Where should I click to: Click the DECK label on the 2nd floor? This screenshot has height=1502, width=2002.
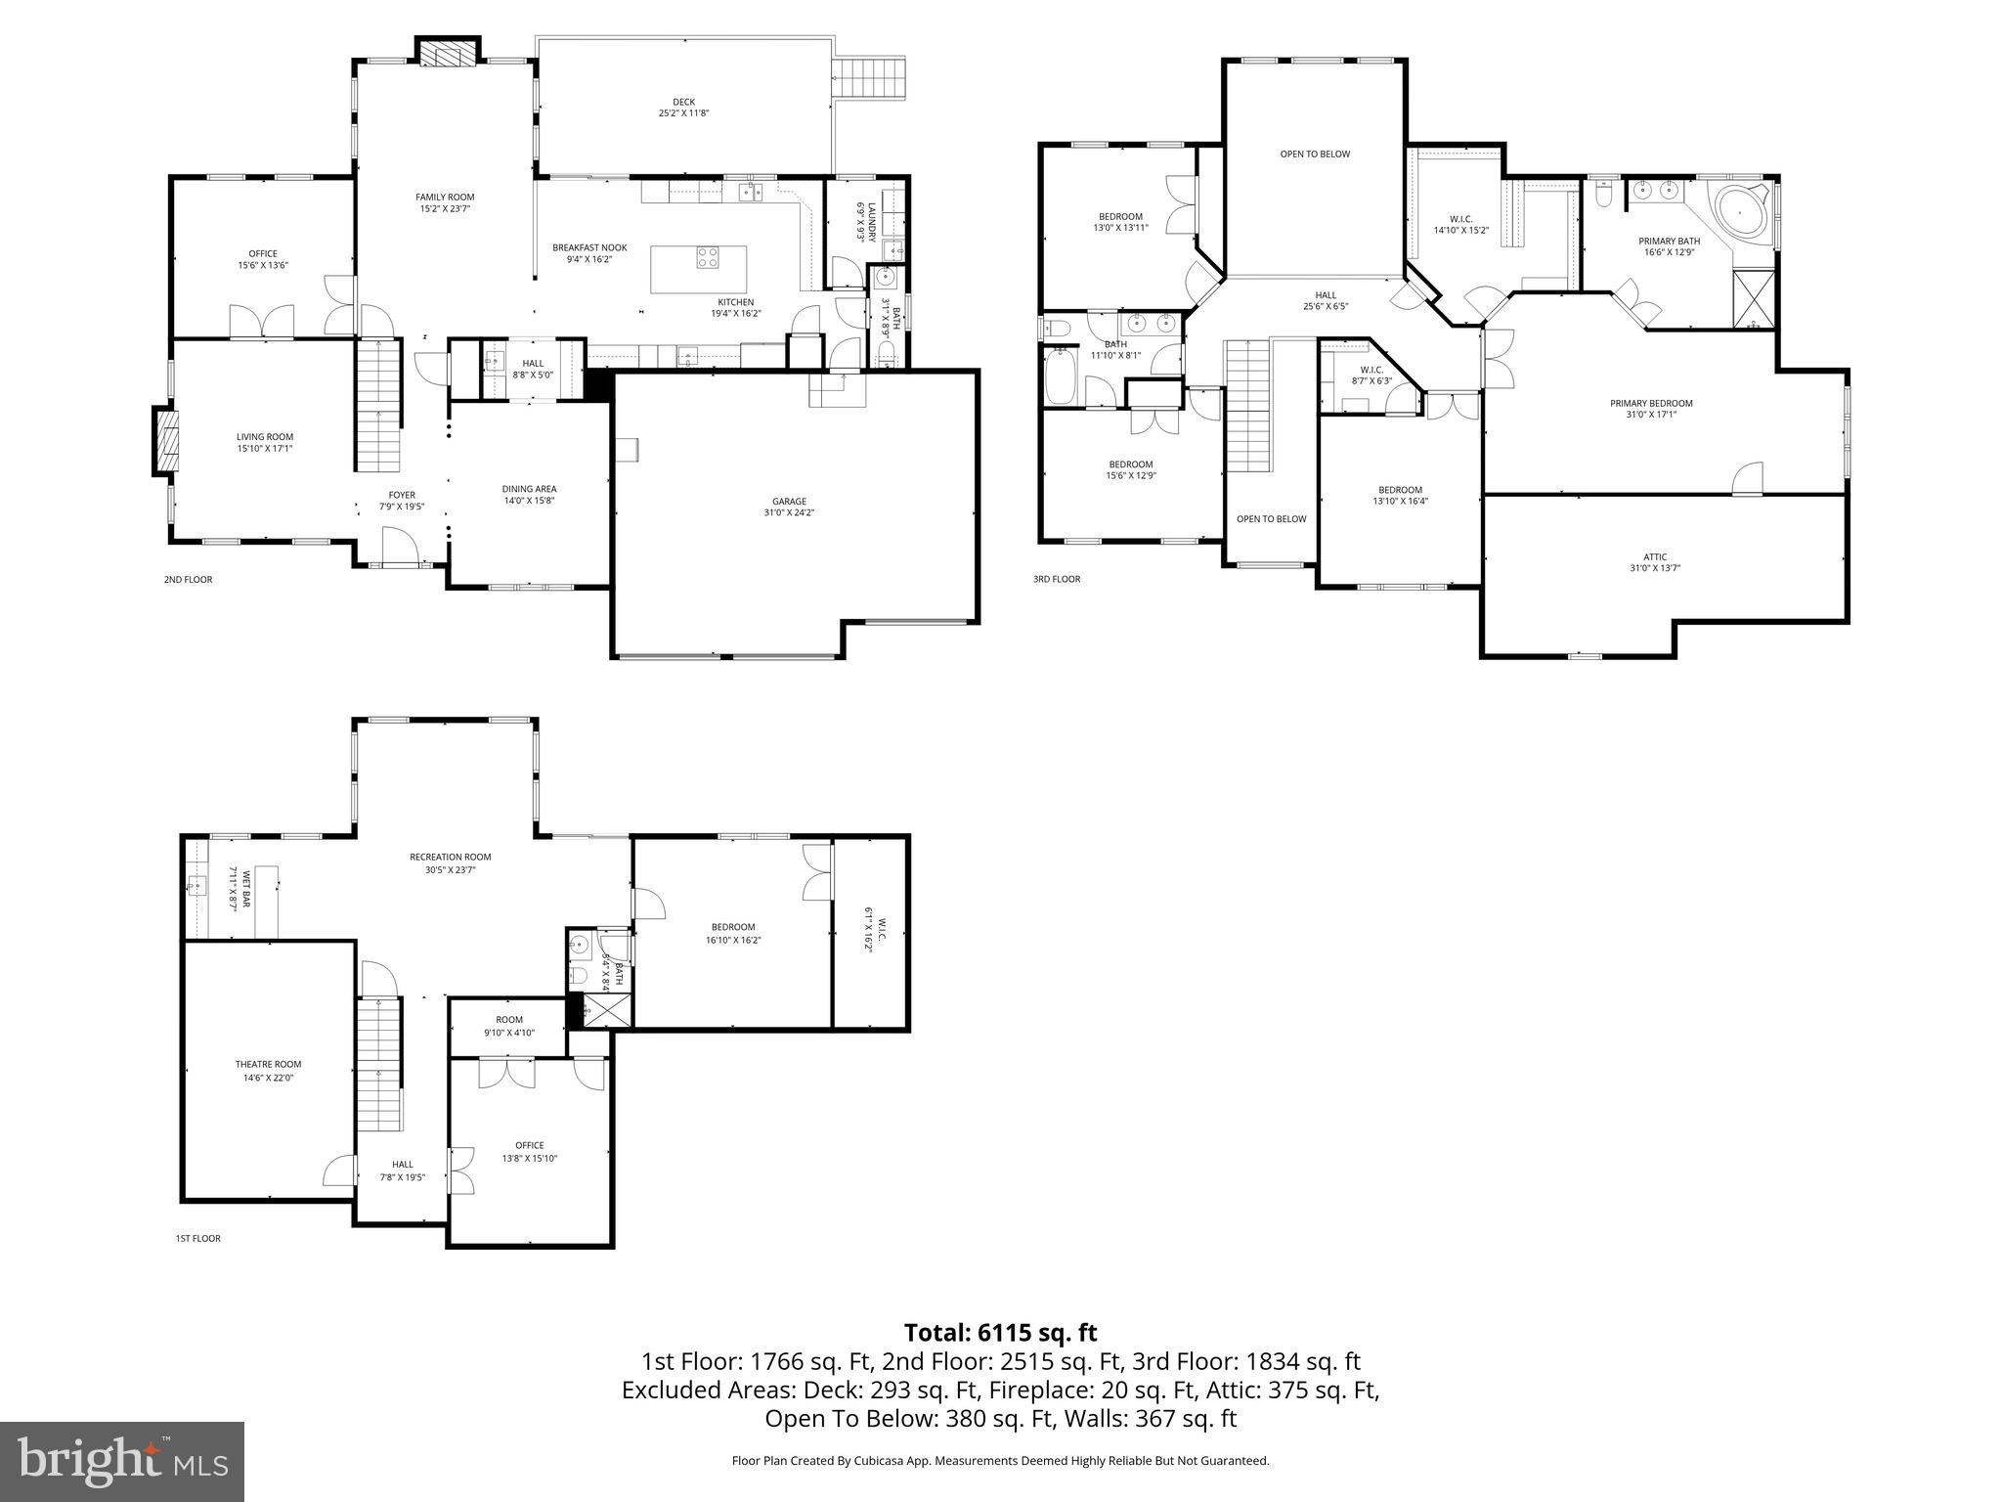click(x=683, y=102)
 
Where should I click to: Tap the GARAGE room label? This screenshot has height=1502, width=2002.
click(x=789, y=502)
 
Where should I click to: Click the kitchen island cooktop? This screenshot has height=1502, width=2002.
click(x=708, y=257)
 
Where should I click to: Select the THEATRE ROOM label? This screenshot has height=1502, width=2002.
click(x=268, y=1064)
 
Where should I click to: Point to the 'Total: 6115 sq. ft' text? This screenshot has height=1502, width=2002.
click(x=1000, y=1332)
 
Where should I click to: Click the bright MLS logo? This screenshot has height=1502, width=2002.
click(x=122, y=1461)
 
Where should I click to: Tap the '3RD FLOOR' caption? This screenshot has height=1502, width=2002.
click(x=1057, y=579)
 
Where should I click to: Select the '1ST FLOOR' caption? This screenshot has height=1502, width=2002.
click(x=197, y=1238)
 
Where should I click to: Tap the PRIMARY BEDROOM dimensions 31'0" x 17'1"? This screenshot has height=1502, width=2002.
click(x=1651, y=415)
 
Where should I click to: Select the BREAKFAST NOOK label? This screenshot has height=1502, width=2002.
click(x=589, y=247)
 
